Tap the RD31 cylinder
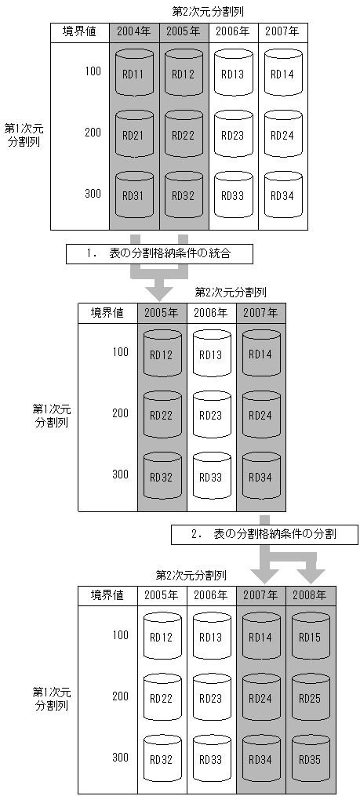134,194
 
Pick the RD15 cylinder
310,636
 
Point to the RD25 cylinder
310,697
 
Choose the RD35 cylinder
310,758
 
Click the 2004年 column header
134,32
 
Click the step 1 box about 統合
161,253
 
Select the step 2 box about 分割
265,534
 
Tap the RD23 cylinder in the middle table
211,414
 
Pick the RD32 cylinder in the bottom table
162,758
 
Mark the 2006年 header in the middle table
211,313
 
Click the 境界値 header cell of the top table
79,32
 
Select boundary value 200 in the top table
93,133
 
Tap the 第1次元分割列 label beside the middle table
52,415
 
